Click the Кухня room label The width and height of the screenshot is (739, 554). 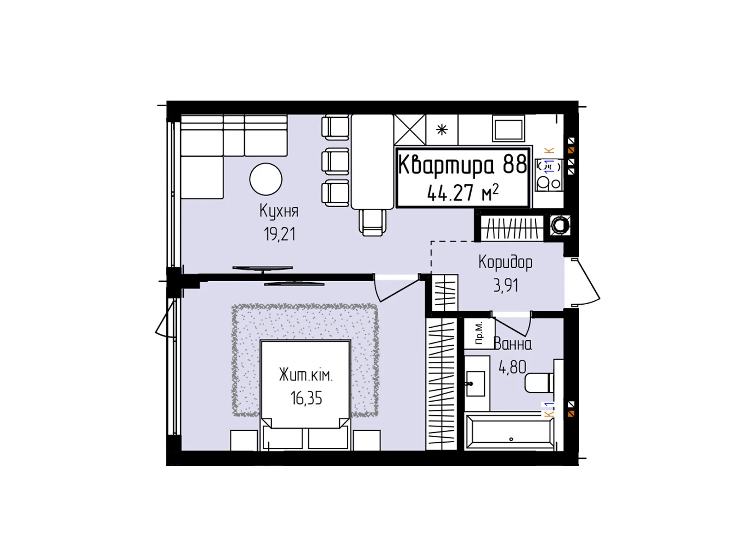(x=279, y=212)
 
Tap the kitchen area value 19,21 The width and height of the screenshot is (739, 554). (x=280, y=234)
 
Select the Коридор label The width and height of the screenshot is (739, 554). (x=505, y=263)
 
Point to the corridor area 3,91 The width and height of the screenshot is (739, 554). (x=506, y=286)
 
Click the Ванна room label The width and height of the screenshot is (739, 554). (x=513, y=344)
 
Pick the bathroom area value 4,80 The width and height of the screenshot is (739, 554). (x=512, y=367)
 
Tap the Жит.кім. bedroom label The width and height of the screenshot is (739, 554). (x=306, y=375)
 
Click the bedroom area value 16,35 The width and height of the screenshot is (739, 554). (x=306, y=398)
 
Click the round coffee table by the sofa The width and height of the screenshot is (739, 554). (x=266, y=179)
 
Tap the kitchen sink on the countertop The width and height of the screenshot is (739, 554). (x=509, y=128)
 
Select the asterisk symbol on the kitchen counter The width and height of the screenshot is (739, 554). (x=442, y=130)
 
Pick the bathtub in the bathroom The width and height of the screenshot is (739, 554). (x=509, y=432)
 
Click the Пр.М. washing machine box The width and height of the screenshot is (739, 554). (x=479, y=333)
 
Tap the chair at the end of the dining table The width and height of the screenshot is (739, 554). (x=372, y=222)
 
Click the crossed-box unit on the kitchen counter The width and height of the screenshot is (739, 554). (x=410, y=130)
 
